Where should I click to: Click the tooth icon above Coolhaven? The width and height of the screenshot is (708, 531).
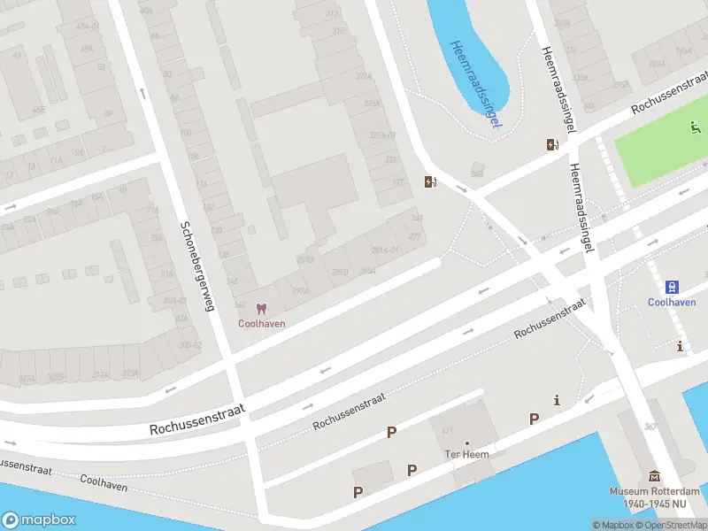[260, 309]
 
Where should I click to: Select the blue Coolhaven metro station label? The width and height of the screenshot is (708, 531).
[672, 301]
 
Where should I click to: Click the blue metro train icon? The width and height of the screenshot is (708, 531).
[672, 287]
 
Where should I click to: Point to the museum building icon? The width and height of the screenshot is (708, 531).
[654, 477]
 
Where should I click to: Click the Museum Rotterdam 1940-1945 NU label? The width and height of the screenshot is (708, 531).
[654, 497]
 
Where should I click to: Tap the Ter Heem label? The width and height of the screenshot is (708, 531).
[466, 455]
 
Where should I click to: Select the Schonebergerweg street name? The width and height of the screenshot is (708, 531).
[197, 265]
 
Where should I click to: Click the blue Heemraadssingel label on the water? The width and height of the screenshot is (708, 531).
[474, 84]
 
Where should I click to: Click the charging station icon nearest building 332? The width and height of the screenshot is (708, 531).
[430, 182]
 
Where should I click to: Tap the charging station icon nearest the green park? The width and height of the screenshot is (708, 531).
[553, 145]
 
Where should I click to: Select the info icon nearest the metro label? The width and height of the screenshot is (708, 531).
[680, 345]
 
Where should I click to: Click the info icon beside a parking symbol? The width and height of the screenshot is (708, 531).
[556, 401]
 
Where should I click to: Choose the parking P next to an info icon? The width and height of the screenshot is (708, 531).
[534, 419]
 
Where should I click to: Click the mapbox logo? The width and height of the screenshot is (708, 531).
[39, 520]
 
